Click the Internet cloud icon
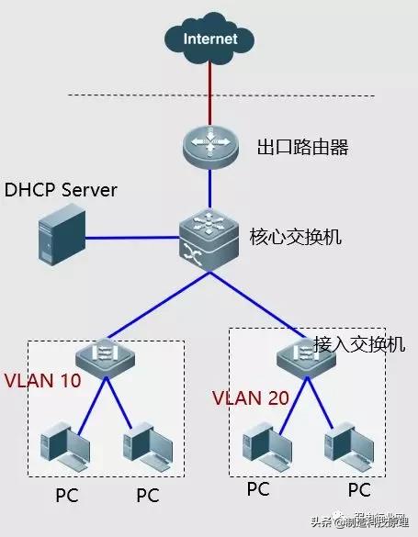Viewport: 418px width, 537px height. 209,38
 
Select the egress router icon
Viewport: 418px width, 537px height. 209,146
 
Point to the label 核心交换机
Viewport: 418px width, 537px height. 296,236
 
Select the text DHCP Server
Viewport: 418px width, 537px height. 62,190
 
